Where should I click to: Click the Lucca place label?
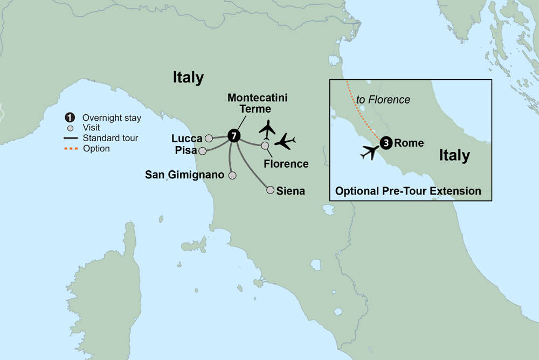tap(187, 139)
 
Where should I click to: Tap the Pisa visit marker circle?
tap(202, 151)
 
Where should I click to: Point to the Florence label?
tap(287, 164)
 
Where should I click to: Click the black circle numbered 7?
tap(233, 136)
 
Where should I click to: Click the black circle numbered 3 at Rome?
tap(386, 143)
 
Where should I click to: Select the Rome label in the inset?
tap(409, 143)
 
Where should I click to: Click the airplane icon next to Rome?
tap(369, 153)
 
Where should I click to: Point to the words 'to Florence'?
tap(383, 100)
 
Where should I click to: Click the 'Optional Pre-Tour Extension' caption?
tap(408, 191)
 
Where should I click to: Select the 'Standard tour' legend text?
tap(110, 138)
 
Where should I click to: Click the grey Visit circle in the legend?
tap(70, 128)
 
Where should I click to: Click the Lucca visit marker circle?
tap(209, 139)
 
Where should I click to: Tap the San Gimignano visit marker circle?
tap(232, 175)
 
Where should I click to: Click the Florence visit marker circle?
tap(265, 146)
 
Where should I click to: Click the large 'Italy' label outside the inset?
tap(188, 78)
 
